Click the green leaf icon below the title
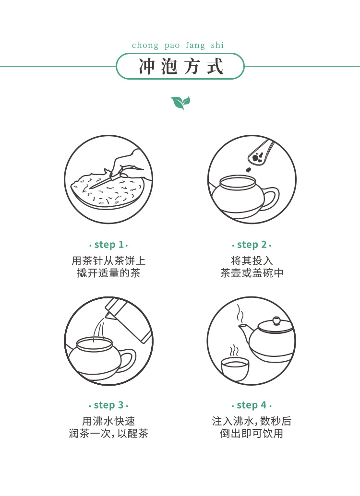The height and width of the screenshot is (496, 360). coord(180,103)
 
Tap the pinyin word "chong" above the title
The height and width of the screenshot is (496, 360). coord(145,45)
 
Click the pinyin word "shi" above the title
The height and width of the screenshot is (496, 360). coord(217,45)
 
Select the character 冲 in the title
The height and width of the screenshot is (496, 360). coord(147,66)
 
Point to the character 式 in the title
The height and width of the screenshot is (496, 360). coord(215,66)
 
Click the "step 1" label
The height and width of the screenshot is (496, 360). coord(108,245)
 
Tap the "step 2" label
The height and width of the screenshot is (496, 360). coord(252,245)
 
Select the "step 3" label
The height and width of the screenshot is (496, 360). coord(108,405)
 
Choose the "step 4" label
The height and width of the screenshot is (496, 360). coord(252,405)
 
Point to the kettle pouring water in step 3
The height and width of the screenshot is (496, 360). coord(130,319)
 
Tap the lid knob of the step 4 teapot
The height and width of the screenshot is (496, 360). coord(276,320)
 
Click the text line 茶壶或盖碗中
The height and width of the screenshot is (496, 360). coord(252,273)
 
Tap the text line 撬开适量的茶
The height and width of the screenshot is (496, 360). coord(108,273)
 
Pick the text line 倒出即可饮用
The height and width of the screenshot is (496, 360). coord(252,433)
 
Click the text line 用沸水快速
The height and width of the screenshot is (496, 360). coord(108,421)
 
